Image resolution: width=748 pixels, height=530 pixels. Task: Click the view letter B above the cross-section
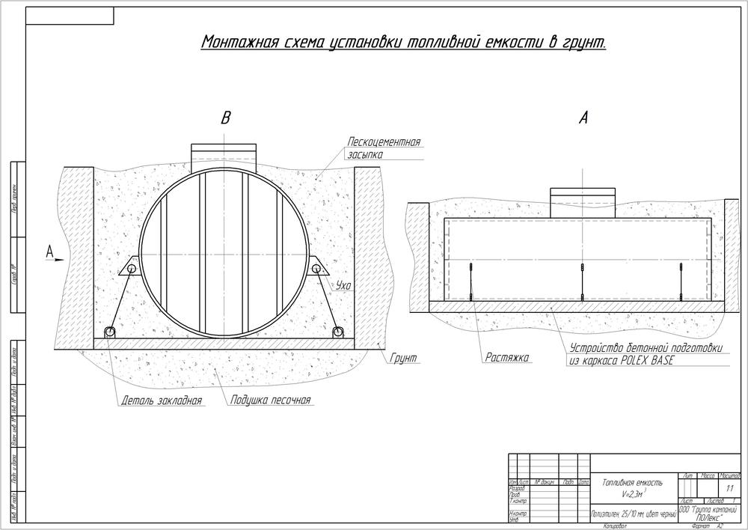tap(225, 118)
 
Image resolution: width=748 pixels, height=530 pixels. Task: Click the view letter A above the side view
tap(584, 118)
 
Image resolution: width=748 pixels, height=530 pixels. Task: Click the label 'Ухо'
tap(343, 284)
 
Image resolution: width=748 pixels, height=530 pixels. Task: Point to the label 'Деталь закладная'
tap(162, 400)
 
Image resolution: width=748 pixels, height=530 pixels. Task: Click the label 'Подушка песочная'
tap(270, 400)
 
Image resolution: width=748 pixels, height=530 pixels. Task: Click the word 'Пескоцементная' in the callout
tap(384, 142)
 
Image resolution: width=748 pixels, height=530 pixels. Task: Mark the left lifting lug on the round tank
tap(130, 267)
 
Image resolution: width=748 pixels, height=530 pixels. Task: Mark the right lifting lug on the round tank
tap(321, 267)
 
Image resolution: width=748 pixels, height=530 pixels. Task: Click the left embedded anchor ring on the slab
tap(111, 332)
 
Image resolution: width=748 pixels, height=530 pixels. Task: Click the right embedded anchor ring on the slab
tap(339, 332)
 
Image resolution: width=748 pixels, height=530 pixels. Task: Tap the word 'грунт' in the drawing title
tap(583, 43)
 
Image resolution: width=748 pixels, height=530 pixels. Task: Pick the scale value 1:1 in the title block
tap(729, 488)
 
